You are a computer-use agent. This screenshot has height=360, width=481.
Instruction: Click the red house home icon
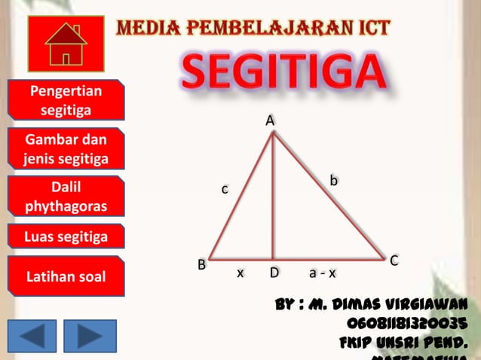pyautogui.click(x=66, y=44)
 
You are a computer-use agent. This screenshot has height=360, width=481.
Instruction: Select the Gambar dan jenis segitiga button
pyautogui.click(x=66, y=149)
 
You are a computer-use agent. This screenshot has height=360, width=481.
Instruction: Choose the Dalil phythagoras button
pyautogui.click(x=66, y=196)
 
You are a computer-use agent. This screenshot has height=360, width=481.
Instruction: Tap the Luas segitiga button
pyautogui.click(x=66, y=238)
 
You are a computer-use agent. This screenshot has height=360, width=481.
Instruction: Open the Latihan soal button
pyautogui.click(x=66, y=278)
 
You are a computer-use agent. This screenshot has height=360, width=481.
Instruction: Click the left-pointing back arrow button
pyautogui.click(x=32, y=336)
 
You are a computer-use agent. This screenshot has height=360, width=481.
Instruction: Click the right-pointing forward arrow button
pyautogui.click(x=90, y=336)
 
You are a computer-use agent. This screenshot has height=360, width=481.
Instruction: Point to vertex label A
pyautogui.click(x=269, y=121)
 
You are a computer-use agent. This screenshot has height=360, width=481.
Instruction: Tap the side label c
pyautogui.click(x=224, y=189)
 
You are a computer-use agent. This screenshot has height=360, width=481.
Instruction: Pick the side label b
pyautogui.click(x=333, y=180)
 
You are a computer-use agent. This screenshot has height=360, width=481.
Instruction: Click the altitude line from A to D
pyautogui.click(x=272, y=196)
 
